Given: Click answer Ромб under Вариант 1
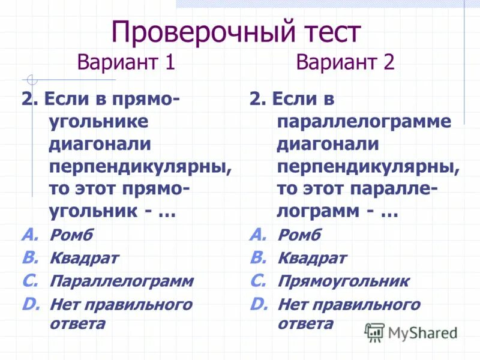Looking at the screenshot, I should [71, 235].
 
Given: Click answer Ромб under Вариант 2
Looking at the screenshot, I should [299, 235].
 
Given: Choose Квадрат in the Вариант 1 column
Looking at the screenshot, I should [84, 258].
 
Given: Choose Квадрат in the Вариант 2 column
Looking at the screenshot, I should [312, 258].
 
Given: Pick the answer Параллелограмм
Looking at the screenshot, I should [122, 281].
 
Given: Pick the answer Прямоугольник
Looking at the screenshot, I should [343, 281].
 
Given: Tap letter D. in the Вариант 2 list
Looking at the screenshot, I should [259, 304].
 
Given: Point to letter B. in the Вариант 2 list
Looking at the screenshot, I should [258, 257].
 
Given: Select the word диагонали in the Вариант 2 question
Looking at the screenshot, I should [328, 144].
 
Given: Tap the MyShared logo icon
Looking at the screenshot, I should [375, 332].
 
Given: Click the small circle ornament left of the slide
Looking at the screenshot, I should [32, 79].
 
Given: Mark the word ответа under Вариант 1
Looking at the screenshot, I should [77, 324].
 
